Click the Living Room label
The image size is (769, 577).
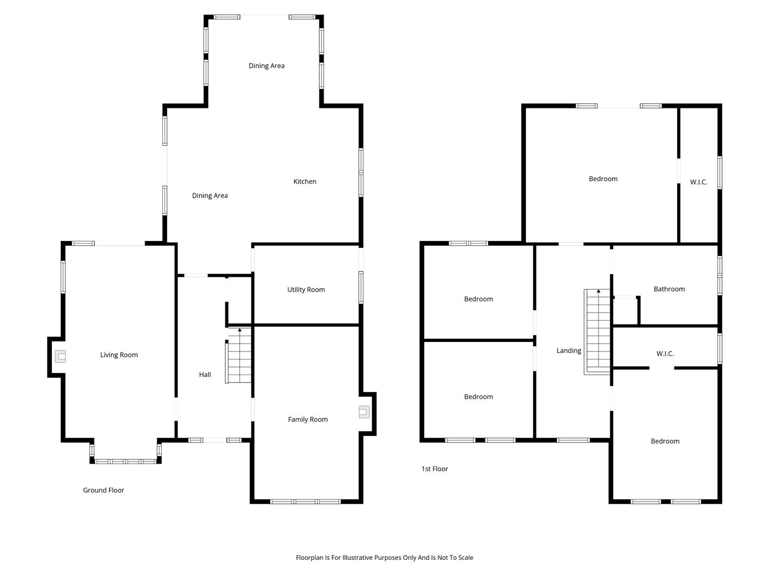tap(119, 355)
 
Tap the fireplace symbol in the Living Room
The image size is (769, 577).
tap(60, 356)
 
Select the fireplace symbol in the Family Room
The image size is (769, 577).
tap(364, 412)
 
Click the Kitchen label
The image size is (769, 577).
tap(305, 182)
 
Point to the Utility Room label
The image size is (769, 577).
tap(306, 290)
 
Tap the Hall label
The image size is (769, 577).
tap(205, 375)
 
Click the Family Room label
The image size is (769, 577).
tap(308, 419)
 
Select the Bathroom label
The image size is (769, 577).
tap(669, 289)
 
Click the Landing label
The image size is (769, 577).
tap(569, 350)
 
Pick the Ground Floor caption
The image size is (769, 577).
tap(104, 490)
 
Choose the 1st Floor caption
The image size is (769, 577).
tap(434, 469)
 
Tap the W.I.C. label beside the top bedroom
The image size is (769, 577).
tap(699, 182)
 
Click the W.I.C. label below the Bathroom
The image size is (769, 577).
tap(665, 354)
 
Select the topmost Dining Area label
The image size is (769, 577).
tap(266, 66)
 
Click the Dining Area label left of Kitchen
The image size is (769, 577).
tap(209, 196)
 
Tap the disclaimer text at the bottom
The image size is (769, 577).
tap(384, 557)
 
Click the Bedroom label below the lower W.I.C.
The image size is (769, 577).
tap(665, 441)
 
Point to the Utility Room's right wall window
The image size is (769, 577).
tap(361, 287)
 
